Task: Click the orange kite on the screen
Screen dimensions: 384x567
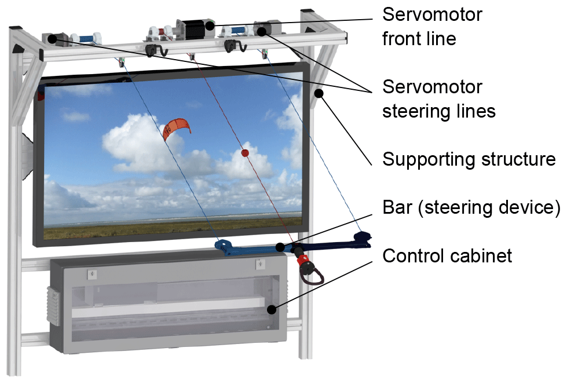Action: click(x=175, y=129)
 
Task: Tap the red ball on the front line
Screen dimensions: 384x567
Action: click(x=244, y=153)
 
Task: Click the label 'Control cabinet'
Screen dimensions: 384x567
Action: click(x=447, y=255)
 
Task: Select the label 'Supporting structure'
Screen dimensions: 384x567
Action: click(x=469, y=159)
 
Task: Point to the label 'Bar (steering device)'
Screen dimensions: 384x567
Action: click(x=471, y=207)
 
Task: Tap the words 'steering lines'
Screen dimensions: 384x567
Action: click(x=438, y=111)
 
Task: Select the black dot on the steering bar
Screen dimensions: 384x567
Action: click(x=280, y=247)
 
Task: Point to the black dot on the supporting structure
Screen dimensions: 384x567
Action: click(x=318, y=92)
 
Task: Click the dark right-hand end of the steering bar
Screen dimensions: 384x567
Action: click(x=362, y=238)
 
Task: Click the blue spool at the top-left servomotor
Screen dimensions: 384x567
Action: click(x=85, y=39)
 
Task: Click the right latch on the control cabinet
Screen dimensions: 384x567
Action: click(x=260, y=265)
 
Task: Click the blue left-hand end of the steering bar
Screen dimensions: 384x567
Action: click(x=224, y=247)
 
